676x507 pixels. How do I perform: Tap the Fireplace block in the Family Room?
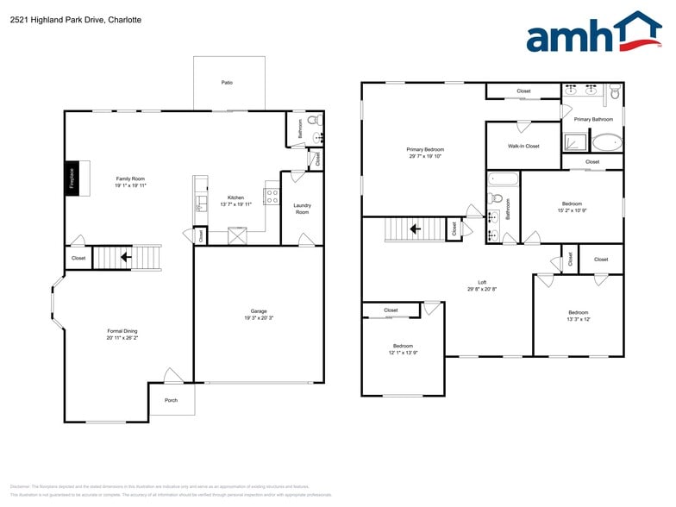[72, 178]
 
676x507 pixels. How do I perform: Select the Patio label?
[227, 83]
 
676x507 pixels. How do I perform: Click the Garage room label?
[259, 311]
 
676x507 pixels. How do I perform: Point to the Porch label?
[171, 400]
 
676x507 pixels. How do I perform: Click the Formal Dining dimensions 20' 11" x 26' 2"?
[122, 338]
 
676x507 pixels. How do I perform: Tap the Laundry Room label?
[302, 209]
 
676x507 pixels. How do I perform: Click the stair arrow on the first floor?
[126, 256]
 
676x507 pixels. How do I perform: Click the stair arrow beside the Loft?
[416, 229]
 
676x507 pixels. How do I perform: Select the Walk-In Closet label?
[523, 147]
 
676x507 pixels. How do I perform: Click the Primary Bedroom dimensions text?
[425, 157]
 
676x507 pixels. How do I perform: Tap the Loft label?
[482, 282]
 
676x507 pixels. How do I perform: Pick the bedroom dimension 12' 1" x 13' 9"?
[403, 353]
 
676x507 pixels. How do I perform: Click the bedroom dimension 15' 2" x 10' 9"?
[572, 210]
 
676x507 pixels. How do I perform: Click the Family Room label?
[130, 178]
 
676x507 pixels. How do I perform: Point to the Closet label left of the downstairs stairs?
[78, 258]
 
